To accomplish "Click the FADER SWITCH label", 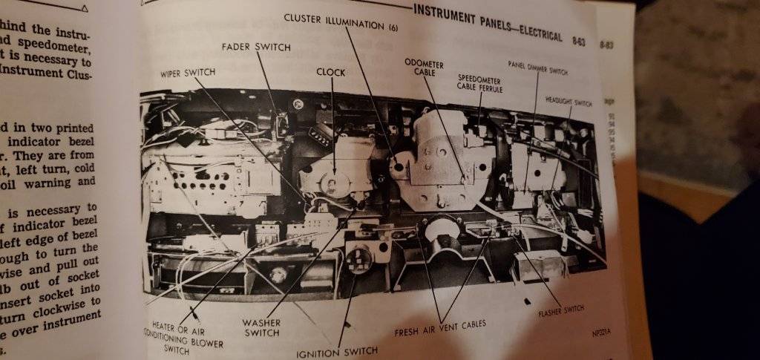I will [x=256, y=47].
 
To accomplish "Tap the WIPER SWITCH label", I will [x=188, y=73].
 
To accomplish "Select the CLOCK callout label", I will [x=331, y=72].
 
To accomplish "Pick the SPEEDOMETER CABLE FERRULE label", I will [x=479, y=83].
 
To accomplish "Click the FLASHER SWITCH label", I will [x=560, y=308].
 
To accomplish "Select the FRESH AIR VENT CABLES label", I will [x=439, y=324].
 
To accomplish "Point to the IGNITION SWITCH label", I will [x=337, y=350].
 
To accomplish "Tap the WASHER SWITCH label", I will [x=261, y=328].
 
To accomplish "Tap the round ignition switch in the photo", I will [x=359, y=261].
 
